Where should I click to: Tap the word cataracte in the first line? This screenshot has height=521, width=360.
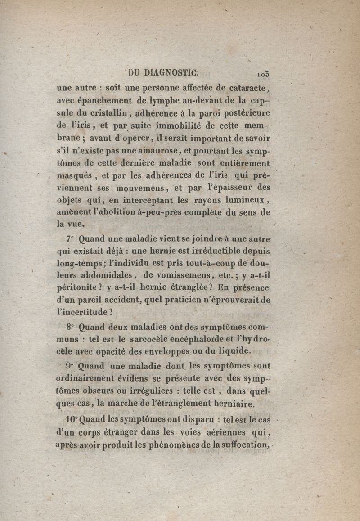coord(247,87)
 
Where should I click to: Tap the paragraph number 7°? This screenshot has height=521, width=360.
coord(70,239)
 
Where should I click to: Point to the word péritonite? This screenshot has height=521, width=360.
coord(79,287)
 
